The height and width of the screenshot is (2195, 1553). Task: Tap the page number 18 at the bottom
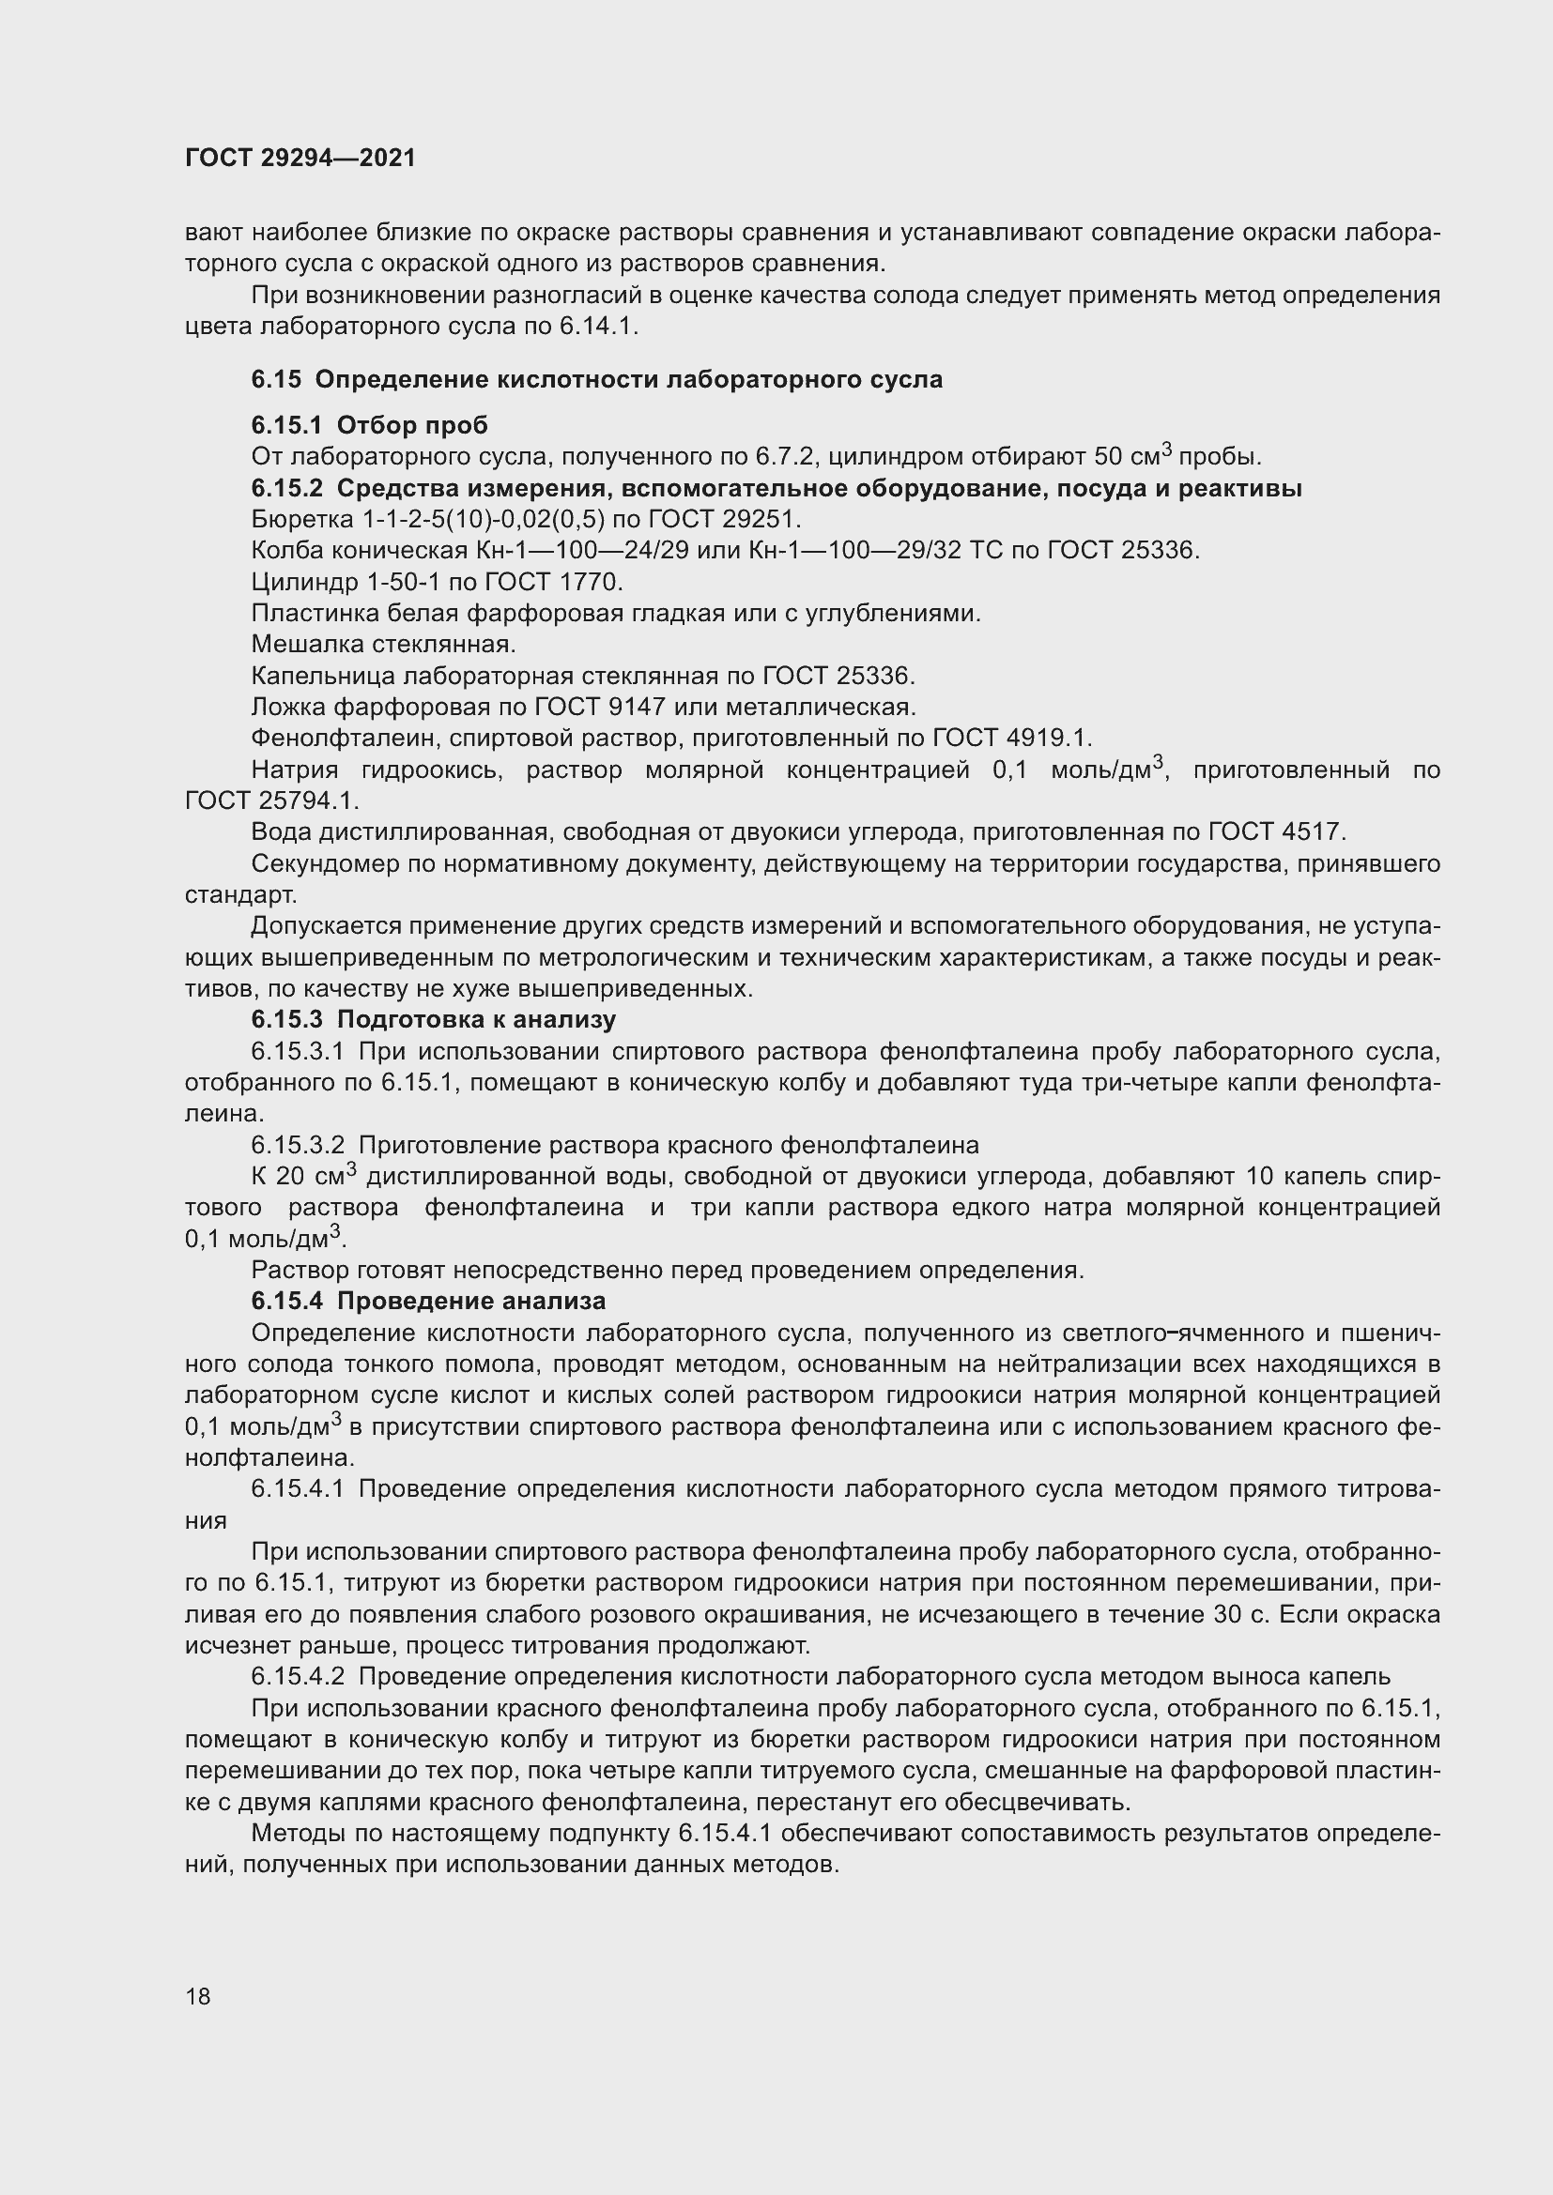click(198, 1996)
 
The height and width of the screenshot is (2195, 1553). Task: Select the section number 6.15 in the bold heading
click(275, 379)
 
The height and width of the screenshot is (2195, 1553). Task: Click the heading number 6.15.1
click(287, 425)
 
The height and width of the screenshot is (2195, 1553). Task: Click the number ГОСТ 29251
click(756, 519)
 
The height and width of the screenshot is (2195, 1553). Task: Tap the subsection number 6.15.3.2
click(298, 1145)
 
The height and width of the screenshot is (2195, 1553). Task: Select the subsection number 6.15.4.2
click(298, 1677)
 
